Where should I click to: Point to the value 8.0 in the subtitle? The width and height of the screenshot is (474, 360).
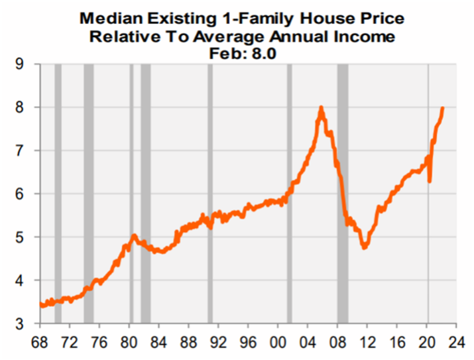(262, 53)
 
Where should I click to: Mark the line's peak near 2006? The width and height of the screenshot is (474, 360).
(322, 108)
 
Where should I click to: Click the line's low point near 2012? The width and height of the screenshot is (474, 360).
(365, 247)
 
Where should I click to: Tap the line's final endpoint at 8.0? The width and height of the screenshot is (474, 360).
(442, 108)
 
